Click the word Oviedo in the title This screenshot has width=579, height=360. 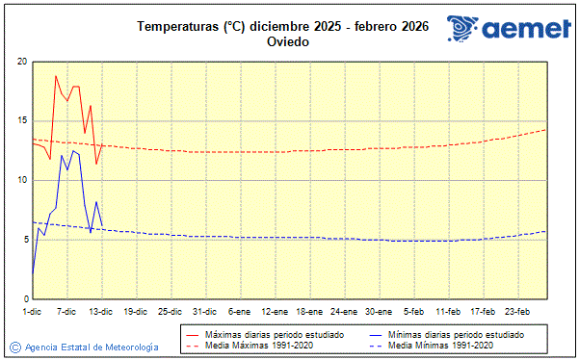coord(288,42)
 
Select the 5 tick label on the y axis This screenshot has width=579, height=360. coord(24,240)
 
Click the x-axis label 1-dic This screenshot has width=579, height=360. coord(32,312)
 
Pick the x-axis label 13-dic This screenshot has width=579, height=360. coord(101,312)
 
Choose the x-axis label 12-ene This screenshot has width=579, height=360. coord(275,312)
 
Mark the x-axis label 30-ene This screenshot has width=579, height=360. coord(379,312)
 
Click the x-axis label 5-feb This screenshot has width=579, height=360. coord(413,312)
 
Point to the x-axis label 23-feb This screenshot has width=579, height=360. coord(517,312)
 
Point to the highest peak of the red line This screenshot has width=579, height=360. coord(56,75)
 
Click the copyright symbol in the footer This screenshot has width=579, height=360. coord(14,347)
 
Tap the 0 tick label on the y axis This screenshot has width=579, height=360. coord(24,299)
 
